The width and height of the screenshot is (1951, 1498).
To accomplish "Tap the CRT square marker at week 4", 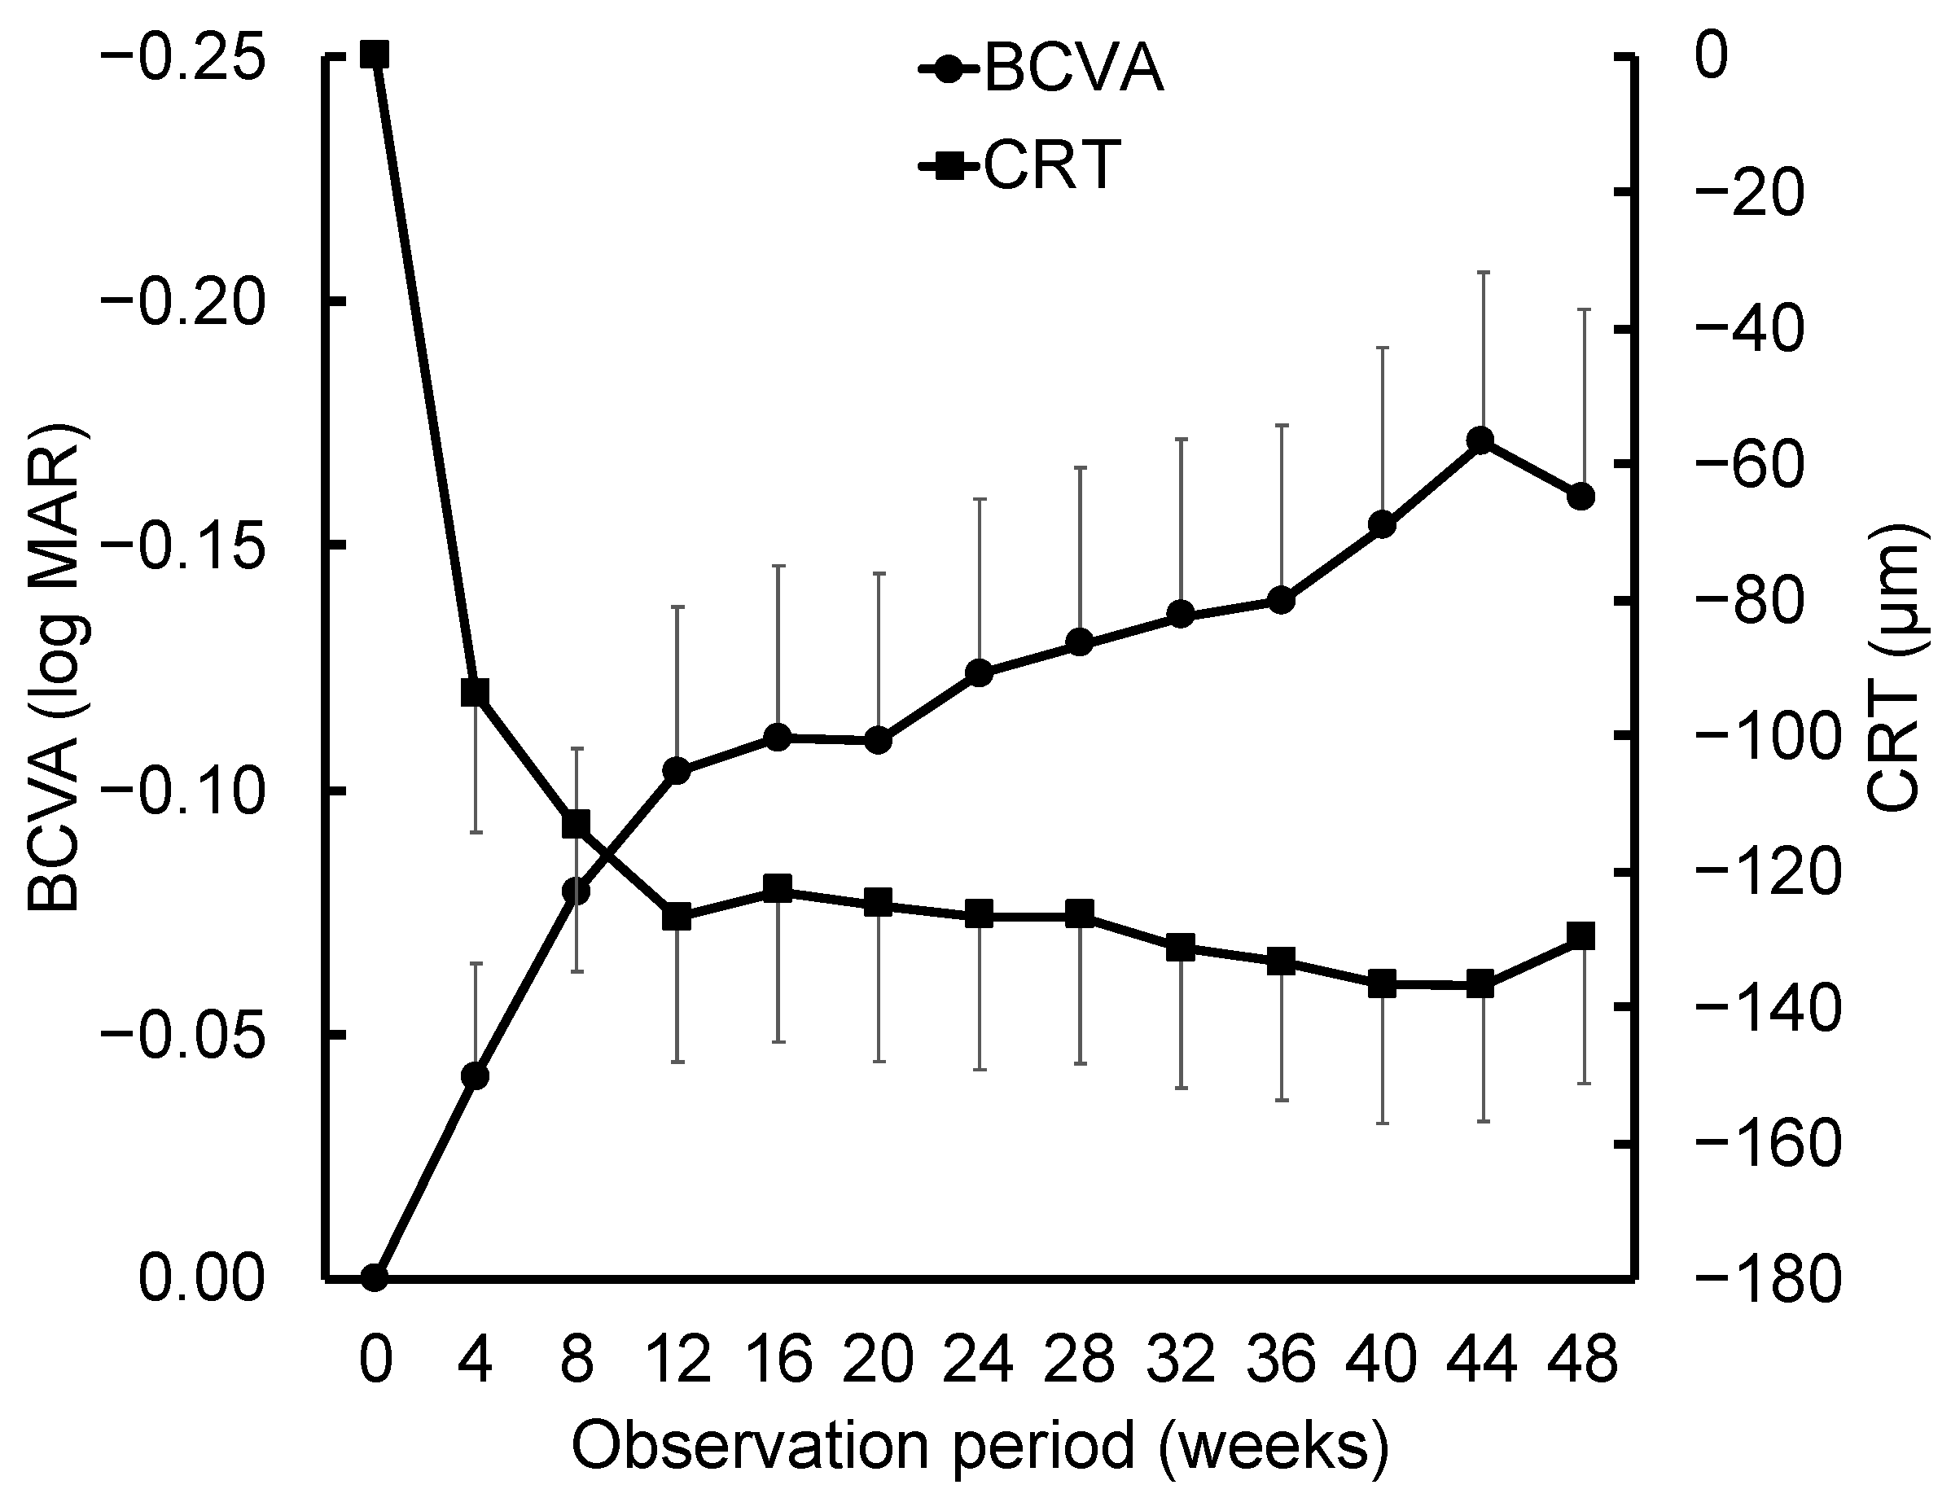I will (x=475, y=692).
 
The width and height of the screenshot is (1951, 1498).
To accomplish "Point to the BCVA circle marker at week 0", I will (x=375, y=1277).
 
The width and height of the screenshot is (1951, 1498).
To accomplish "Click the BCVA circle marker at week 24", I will (x=979, y=672).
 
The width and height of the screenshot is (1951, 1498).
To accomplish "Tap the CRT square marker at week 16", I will (x=778, y=888).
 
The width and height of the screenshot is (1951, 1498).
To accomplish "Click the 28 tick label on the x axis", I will (x=1080, y=1361).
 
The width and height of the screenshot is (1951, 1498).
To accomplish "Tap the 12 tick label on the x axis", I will (x=677, y=1361).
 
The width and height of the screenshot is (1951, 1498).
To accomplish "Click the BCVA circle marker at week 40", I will (x=1382, y=524).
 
